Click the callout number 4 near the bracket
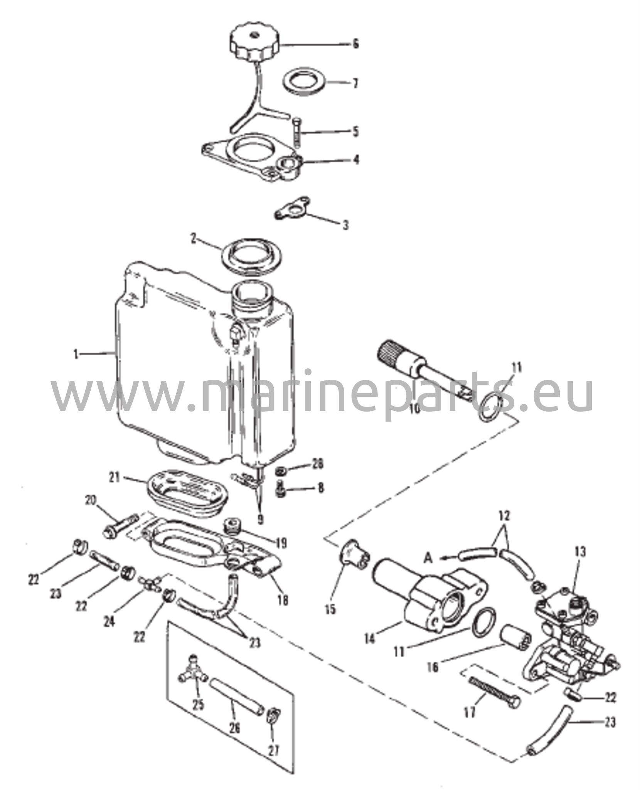356,159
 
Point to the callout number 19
281,544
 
